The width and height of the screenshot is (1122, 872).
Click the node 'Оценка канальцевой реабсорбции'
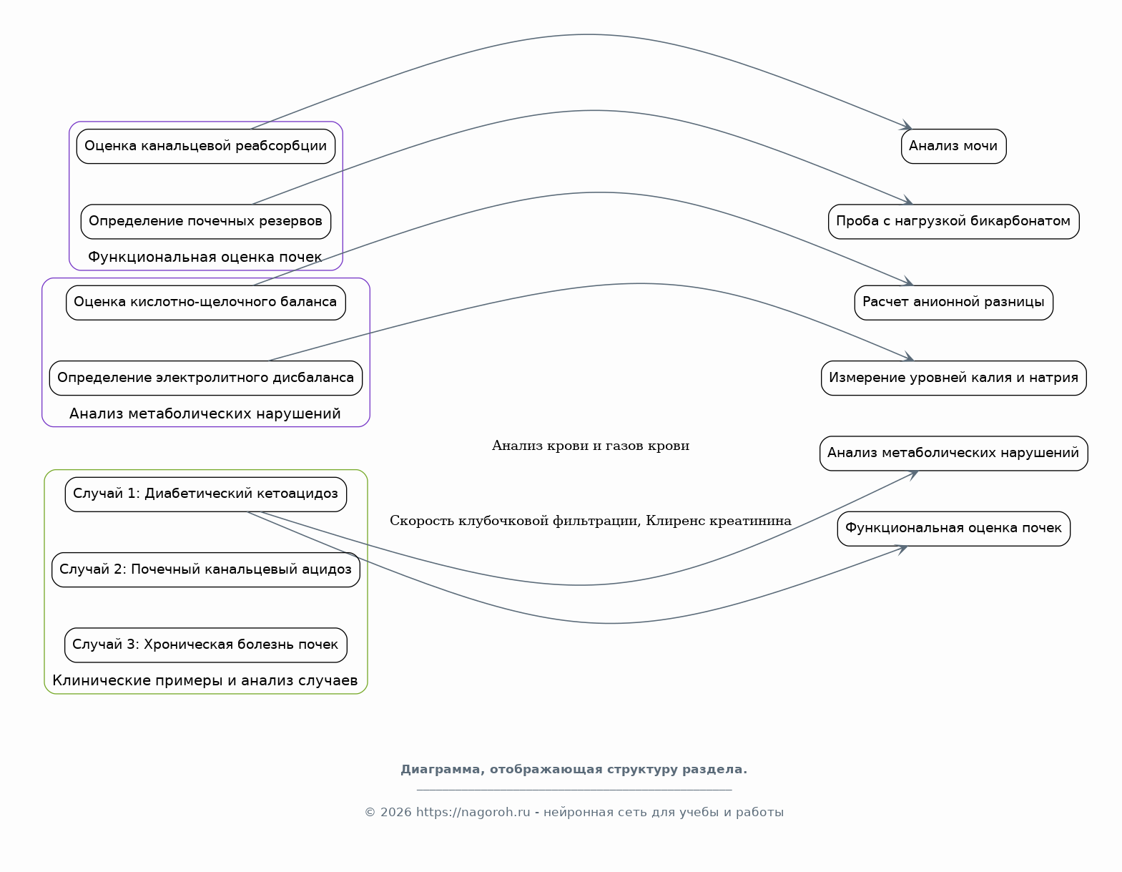click(x=205, y=146)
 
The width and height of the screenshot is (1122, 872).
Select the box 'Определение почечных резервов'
click(x=205, y=222)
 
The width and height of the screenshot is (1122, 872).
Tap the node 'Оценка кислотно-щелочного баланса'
click(x=205, y=303)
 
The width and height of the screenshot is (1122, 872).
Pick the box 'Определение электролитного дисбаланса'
click(x=205, y=378)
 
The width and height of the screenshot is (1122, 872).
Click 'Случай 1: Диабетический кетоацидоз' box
click(x=205, y=494)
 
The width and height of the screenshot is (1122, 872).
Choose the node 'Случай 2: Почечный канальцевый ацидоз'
click(x=205, y=569)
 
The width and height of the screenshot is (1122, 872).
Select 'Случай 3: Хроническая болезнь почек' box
click(x=205, y=645)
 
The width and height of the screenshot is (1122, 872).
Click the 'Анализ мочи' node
click(x=953, y=146)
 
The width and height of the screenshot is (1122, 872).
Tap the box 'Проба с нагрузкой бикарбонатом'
click(x=953, y=222)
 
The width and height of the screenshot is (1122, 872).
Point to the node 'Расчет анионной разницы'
click(x=953, y=303)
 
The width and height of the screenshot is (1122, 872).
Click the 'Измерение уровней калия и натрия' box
click(x=953, y=378)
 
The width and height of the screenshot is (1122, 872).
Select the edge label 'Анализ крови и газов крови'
click(x=590, y=446)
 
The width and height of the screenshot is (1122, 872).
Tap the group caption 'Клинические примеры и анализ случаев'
click(x=205, y=680)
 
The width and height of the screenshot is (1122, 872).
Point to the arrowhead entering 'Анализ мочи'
click(x=907, y=125)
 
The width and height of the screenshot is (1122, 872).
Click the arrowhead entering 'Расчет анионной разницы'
click(x=907, y=281)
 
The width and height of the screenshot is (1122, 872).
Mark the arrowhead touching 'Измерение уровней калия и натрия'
click(x=908, y=357)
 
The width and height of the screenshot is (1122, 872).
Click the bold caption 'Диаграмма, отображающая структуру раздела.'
click(x=574, y=769)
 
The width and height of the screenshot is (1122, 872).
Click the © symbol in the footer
click(x=370, y=812)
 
